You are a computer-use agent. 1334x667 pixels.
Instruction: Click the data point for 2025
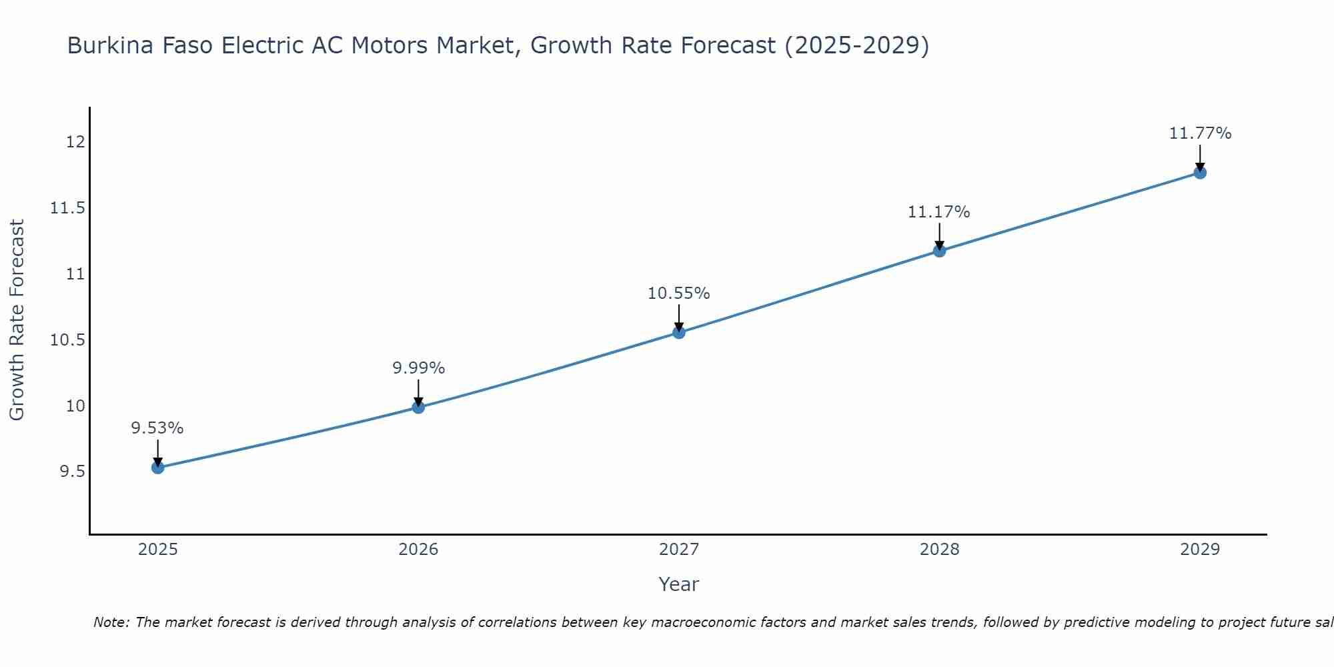pos(157,468)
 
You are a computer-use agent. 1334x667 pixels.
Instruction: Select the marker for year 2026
pos(418,407)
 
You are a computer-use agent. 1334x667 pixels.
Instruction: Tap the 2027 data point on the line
pos(679,332)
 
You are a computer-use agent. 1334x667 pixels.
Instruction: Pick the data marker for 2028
pos(939,251)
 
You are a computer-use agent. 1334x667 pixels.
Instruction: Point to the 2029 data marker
pos(1200,173)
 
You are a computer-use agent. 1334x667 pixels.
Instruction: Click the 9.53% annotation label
pos(157,428)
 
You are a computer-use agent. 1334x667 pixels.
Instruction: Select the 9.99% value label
pos(418,368)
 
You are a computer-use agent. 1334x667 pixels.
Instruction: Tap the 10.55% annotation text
pos(679,293)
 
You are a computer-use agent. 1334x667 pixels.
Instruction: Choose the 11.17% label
pos(939,212)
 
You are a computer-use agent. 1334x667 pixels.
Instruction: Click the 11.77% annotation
pos(1200,133)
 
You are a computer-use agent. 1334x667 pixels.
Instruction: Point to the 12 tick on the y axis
pos(75,142)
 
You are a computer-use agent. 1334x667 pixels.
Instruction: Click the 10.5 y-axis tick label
pos(68,340)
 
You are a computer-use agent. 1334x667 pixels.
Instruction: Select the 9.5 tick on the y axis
pos(73,472)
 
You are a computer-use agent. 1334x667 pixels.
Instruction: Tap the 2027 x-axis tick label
pos(679,550)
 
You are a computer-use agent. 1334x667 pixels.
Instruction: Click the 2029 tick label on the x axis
pos(1200,550)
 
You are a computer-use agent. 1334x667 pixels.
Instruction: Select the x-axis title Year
pos(679,584)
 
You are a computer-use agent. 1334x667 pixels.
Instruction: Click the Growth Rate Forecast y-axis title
pos(17,320)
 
